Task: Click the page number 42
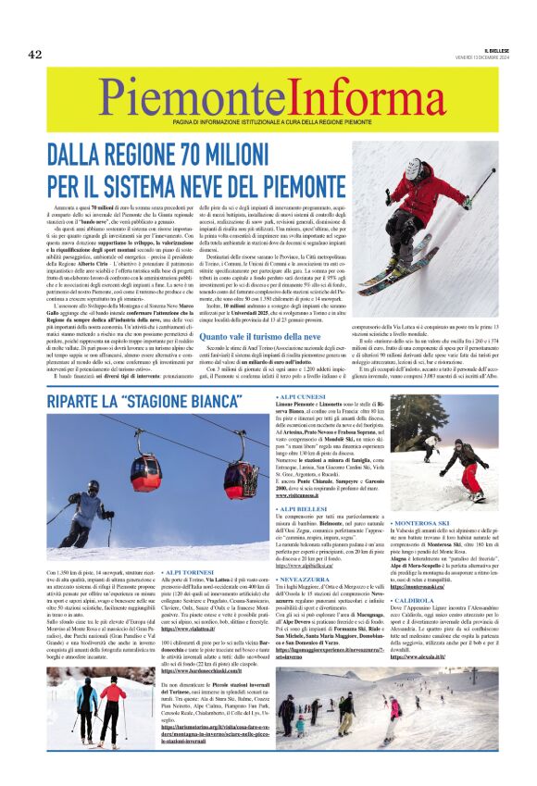pyautogui.click(x=35, y=54)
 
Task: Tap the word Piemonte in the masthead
pyautogui.click(x=181, y=94)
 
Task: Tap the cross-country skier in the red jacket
pyautogui.click(x=106, y=703)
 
